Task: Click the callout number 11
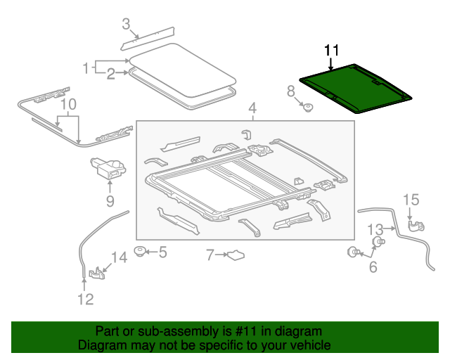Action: [331, 50]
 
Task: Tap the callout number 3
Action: [126, 25]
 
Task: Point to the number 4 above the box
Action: [252, 108]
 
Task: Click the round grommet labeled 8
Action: [307, 107]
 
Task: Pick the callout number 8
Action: [290, 91]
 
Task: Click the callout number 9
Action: [110, 202]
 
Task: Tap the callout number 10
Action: [67, 106]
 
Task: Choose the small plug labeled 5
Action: [140, 250]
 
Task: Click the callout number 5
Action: [162, 251]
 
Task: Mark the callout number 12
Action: [84, 300]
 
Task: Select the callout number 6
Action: [373, 266]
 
